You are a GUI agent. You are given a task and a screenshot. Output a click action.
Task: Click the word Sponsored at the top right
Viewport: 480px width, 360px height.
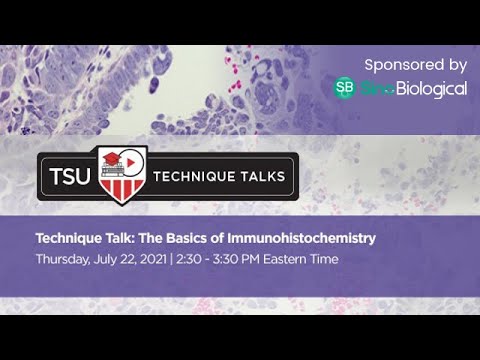(397, 65)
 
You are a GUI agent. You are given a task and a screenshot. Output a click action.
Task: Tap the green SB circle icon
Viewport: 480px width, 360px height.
(344, 88)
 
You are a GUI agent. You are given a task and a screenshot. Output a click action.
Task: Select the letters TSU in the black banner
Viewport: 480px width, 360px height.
(68, 178)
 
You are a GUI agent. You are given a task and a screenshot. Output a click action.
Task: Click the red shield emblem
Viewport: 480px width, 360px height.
(123, 176)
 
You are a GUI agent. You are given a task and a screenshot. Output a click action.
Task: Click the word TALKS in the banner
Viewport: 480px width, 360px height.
(264, 178)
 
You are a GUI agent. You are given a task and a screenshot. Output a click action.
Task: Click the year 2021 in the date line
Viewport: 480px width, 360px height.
(147, 259)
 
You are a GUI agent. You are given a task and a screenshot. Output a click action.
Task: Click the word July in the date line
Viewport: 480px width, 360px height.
(101, 259)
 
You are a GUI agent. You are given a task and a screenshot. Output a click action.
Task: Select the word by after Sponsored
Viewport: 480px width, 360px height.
(455, 65)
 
